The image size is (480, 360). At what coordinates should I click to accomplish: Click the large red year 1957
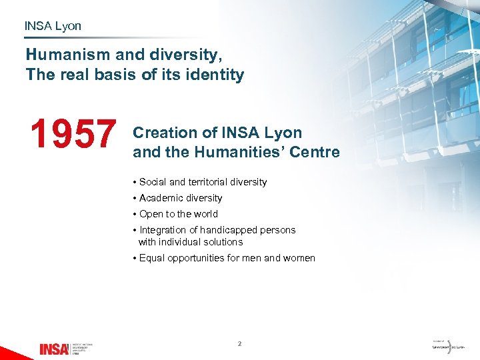(73, 133)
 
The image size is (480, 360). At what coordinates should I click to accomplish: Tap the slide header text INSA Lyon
(53, 26)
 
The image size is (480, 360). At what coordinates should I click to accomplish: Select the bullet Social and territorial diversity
(203, 182)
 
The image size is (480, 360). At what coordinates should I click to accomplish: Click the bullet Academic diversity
(180, 198)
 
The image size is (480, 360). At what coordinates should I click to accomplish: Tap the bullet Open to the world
(178, 214)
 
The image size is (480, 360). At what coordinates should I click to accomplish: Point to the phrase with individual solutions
(191, 242)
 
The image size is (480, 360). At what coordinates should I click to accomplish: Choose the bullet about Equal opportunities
(227, 258)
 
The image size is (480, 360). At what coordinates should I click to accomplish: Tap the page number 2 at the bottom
(239, 344)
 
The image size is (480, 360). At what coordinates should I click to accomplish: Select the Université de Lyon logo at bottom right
(449, 347)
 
